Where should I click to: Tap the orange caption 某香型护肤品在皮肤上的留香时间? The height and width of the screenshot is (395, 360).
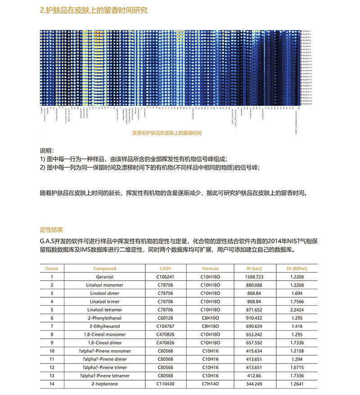167,133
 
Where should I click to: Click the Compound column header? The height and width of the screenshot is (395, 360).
105,268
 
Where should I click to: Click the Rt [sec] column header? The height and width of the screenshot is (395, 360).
254,268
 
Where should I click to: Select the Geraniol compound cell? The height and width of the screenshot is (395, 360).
105,277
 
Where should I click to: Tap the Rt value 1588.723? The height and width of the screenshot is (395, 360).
254,277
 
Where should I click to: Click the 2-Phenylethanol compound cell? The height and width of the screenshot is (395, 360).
105,318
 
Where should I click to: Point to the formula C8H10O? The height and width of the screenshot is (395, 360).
210,318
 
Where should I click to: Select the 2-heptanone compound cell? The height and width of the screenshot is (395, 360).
105,384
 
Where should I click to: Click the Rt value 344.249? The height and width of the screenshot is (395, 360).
254,384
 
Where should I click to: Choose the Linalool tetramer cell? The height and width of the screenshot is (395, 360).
105,310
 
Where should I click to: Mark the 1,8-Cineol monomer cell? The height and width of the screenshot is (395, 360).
105,335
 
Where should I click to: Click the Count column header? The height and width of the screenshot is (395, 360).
52,268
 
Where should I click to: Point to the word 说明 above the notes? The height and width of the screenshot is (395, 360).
47,150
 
